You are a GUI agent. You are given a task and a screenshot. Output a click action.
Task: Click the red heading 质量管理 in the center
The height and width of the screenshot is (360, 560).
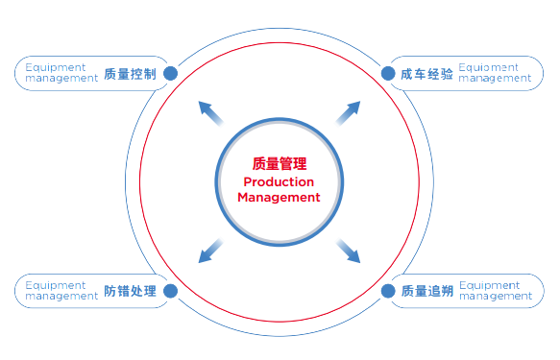(x=279, y=164)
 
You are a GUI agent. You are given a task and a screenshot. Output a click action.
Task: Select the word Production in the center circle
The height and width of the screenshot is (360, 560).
(x=279, y=181)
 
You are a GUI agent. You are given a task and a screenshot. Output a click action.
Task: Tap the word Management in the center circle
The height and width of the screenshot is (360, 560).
(x=279, y=197)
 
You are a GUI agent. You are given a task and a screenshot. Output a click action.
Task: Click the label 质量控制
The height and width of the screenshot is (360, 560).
(x=129, y=73)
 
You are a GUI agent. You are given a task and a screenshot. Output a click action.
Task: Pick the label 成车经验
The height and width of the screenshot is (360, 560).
(x=426, y=73)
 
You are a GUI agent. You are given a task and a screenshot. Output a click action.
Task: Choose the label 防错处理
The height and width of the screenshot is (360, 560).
(x=129, y=290)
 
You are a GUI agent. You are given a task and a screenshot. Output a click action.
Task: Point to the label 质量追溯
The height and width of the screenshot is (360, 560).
(x=426, y=290)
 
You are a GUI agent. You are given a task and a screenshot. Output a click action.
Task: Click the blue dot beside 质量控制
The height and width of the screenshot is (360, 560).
(x=170, y=73)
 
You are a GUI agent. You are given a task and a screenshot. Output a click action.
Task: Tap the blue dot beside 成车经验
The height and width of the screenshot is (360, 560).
(x=389, y=73)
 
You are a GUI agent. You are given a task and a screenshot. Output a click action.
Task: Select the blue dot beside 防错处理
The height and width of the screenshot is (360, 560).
(x=170, y=290)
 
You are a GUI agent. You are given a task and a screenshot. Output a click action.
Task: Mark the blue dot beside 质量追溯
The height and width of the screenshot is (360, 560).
(x=389, y=290)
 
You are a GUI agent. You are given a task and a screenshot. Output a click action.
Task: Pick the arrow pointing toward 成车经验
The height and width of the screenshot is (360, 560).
(x=348, y=112)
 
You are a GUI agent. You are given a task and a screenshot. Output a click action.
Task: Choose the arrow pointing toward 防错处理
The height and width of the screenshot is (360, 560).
(x=209, y=251)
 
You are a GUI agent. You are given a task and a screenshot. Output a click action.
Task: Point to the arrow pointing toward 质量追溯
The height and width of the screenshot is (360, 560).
(x=349, y=251)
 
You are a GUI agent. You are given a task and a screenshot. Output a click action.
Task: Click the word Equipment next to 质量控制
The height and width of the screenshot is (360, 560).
(x=55, y=67)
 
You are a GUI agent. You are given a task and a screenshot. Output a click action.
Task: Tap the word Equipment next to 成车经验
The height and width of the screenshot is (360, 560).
(x=489, y=67)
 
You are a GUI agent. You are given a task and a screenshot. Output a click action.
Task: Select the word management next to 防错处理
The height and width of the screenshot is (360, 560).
(x=61, y=297)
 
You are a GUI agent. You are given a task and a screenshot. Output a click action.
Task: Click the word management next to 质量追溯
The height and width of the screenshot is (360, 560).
(x=496, y=297)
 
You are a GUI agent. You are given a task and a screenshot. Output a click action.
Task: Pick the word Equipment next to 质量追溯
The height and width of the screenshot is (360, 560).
(x=489, y=285)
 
